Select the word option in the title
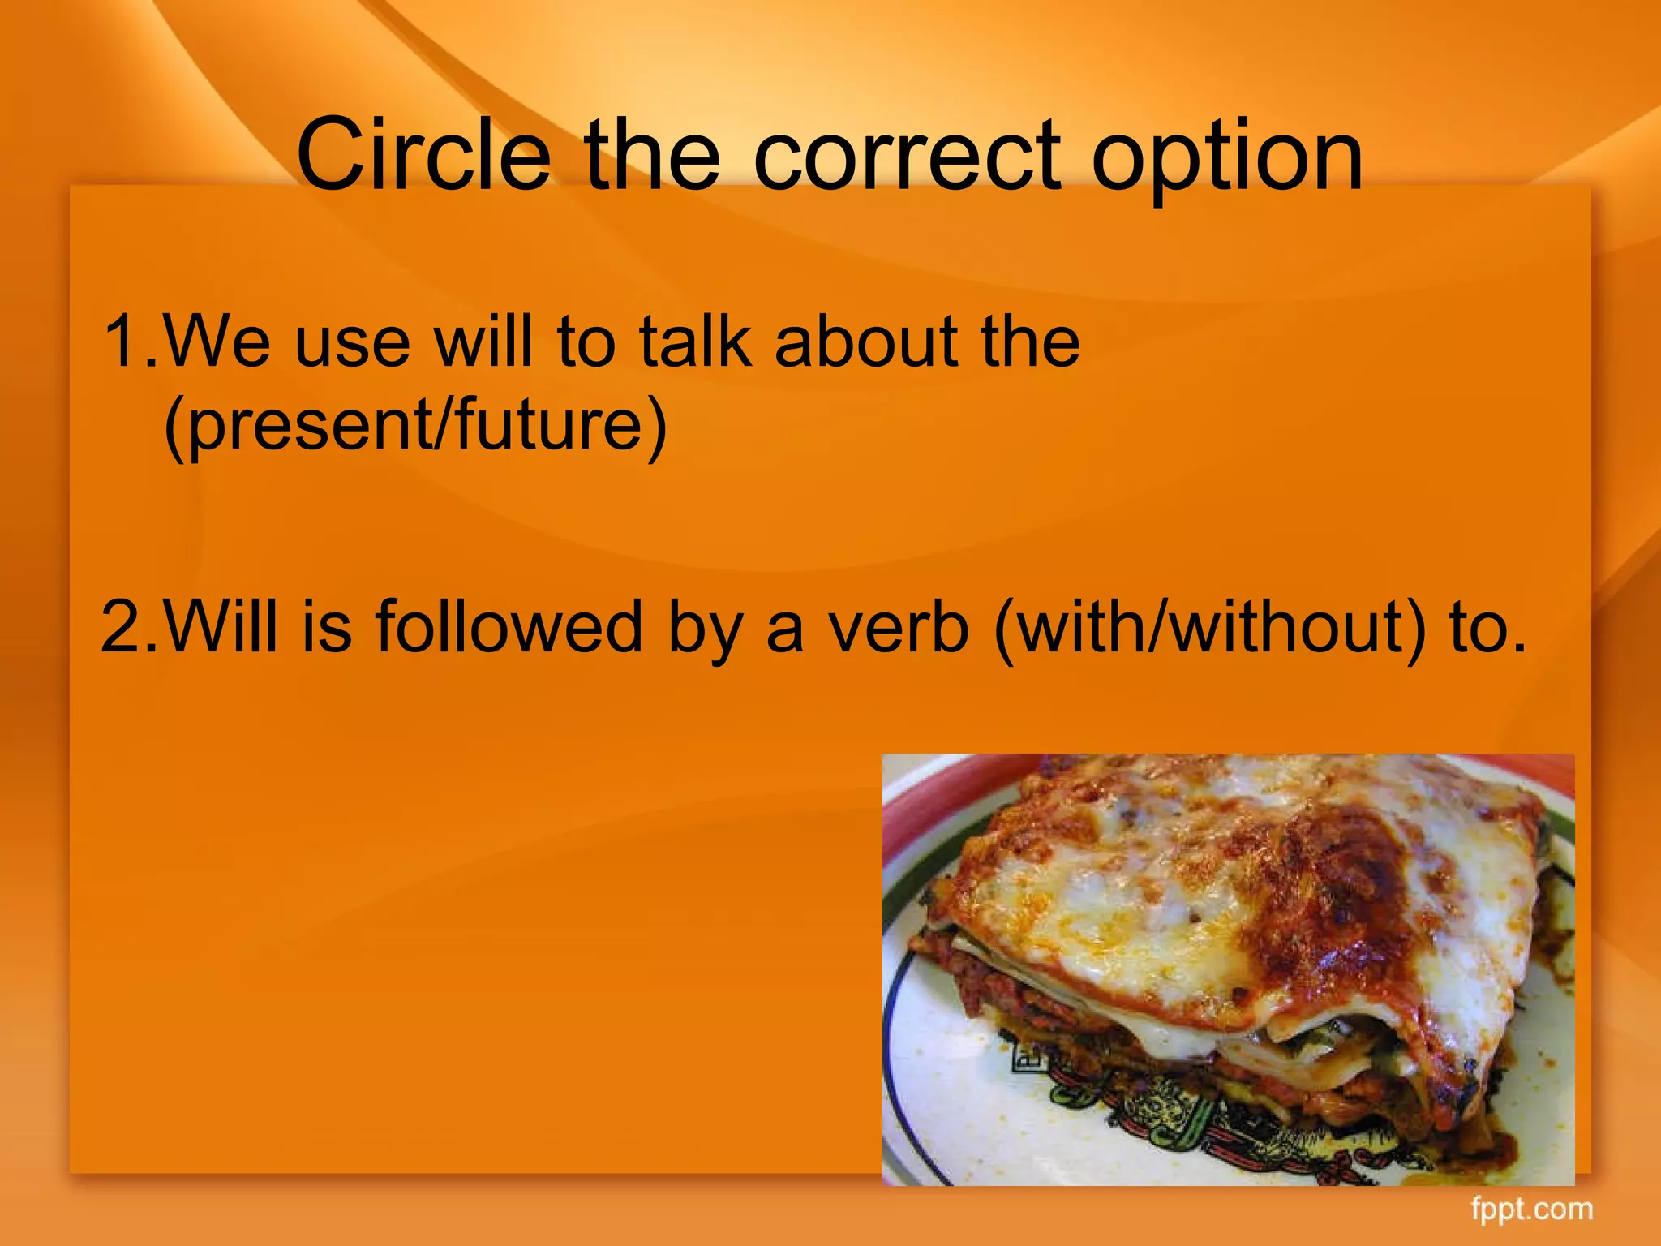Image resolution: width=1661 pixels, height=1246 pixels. (1226, 158)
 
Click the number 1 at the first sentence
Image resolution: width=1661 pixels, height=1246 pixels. (123, 341)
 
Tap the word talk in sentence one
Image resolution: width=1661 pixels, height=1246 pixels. (694, 341)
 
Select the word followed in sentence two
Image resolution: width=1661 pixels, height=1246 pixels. (509, 626)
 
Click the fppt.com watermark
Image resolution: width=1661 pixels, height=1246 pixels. (1532, 1209)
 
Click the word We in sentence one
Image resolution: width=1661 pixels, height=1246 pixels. (216, 341)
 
